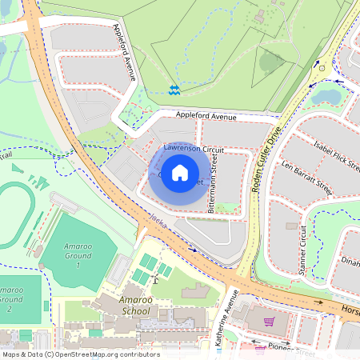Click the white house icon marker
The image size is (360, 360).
180,172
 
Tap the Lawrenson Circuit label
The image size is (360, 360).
194,150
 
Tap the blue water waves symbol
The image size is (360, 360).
174,88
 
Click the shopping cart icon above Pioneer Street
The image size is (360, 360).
270,322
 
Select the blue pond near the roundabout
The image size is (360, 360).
326,97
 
